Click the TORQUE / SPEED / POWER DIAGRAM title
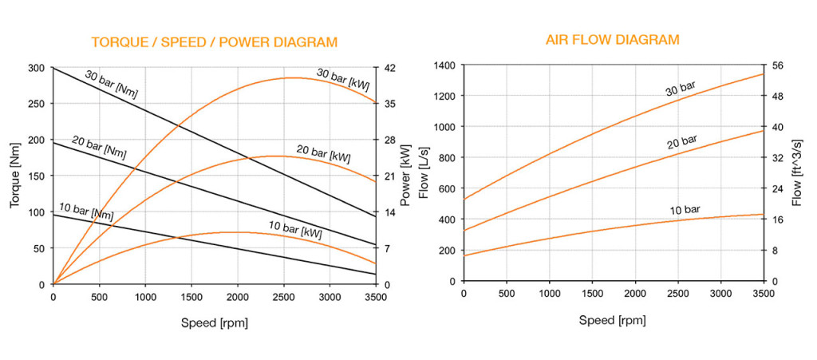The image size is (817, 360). pyautogui.click(x=215, y=42)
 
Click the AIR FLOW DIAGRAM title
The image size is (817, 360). pyautogui.click(x=613, y=39)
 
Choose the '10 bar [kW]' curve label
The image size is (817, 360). pyautogui.click(x=295, y=231)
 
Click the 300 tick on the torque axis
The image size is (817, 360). pyautogui.click(x=37, y=68)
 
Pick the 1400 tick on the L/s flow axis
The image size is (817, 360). pyautogui.click(x=444, y=65)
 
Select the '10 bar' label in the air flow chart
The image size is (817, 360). pyautogui.click(x=685, y=210)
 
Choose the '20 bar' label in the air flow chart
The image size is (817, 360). pyautogui.click(x=681, y=142)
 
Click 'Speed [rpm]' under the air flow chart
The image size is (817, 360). pyautogui.click(x=613, y=320)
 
